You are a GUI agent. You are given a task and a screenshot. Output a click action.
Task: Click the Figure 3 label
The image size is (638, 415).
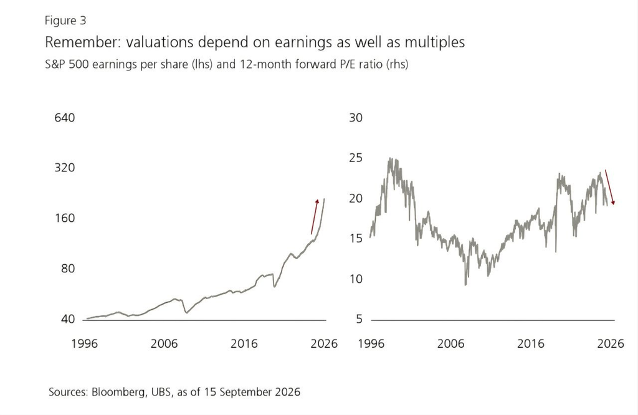pos(65,21)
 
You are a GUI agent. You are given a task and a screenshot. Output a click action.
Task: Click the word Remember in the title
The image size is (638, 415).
pos(82,42)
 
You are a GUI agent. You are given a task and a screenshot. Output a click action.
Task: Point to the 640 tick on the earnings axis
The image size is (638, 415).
pos(65,118)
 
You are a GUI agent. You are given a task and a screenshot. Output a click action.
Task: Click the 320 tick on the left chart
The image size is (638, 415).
pos(65,168)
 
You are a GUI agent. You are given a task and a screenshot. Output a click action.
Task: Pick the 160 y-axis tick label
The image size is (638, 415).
pos(65,218)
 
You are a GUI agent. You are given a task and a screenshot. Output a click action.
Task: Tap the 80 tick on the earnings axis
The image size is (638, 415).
pos(68,269)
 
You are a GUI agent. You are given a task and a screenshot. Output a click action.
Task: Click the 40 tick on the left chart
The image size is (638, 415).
pos(68,319)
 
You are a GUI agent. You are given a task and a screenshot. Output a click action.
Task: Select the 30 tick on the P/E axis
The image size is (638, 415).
pos(356,118)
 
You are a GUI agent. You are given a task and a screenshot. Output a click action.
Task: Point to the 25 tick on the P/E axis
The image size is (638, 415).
pos(356,158)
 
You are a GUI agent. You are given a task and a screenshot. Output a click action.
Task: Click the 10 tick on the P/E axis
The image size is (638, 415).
pos(356,279)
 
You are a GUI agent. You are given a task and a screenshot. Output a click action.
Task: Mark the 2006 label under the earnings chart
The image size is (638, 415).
pos(164,344)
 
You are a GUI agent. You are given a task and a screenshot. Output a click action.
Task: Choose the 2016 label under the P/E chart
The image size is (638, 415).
pos(531,344)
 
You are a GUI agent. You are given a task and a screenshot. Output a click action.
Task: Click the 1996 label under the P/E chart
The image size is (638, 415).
pos(371,344)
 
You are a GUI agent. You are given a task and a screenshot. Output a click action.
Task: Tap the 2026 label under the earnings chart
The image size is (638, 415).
pos(324,344)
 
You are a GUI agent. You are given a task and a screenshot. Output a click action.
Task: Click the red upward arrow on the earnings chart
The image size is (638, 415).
pos(315,216)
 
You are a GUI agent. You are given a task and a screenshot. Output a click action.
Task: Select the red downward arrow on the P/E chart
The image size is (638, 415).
pos(610,187)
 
